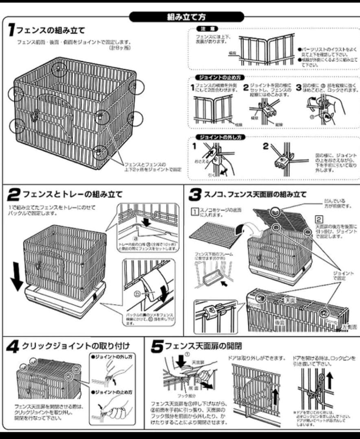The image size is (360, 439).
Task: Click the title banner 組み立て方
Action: [x=186, y=17]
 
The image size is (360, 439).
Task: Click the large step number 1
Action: [x=11, y=29]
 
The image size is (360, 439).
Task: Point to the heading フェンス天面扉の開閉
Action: [x=203, y=346]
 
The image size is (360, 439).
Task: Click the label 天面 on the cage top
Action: [x=289, y=300]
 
